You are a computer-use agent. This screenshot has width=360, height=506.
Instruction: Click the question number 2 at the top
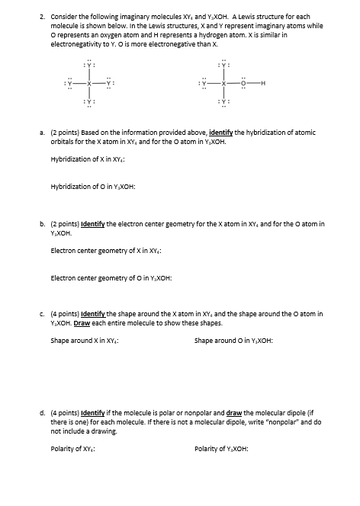(43, 15)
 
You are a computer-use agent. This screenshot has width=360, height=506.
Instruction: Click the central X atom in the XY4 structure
(90, 82)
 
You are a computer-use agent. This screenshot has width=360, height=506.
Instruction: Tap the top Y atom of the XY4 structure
(90, 63)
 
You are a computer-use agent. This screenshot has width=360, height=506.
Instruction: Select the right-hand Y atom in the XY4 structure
(111, 82)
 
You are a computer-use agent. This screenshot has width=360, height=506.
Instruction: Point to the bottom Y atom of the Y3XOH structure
(225, 101)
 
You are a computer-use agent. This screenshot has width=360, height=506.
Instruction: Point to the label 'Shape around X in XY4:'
(84, 340)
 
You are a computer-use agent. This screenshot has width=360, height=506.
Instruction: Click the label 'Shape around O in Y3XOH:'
(233, 340)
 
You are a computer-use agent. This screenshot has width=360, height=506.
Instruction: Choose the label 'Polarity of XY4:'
(73, 448)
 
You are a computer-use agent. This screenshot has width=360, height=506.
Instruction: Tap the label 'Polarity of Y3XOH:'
(221, 448)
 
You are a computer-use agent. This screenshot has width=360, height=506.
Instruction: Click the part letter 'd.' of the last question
(43, 413)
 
